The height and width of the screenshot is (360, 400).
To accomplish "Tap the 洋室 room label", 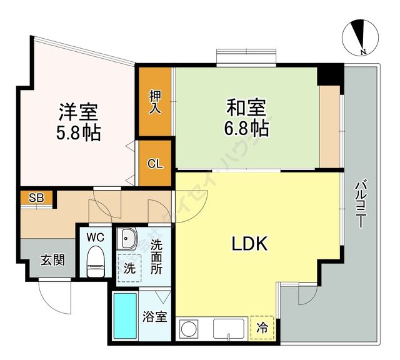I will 78,112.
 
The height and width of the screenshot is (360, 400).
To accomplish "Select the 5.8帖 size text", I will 78,133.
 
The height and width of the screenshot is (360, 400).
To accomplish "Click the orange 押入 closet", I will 156,102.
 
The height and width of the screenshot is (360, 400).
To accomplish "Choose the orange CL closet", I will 156,164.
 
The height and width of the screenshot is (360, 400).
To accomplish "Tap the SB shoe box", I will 37,198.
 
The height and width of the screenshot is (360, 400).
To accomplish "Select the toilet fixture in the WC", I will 95,261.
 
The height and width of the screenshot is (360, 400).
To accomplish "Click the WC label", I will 95,237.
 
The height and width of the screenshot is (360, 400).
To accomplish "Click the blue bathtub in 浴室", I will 125,316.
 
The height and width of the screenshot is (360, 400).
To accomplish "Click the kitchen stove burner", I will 189,327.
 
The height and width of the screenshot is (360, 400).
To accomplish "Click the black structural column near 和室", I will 330,74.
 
